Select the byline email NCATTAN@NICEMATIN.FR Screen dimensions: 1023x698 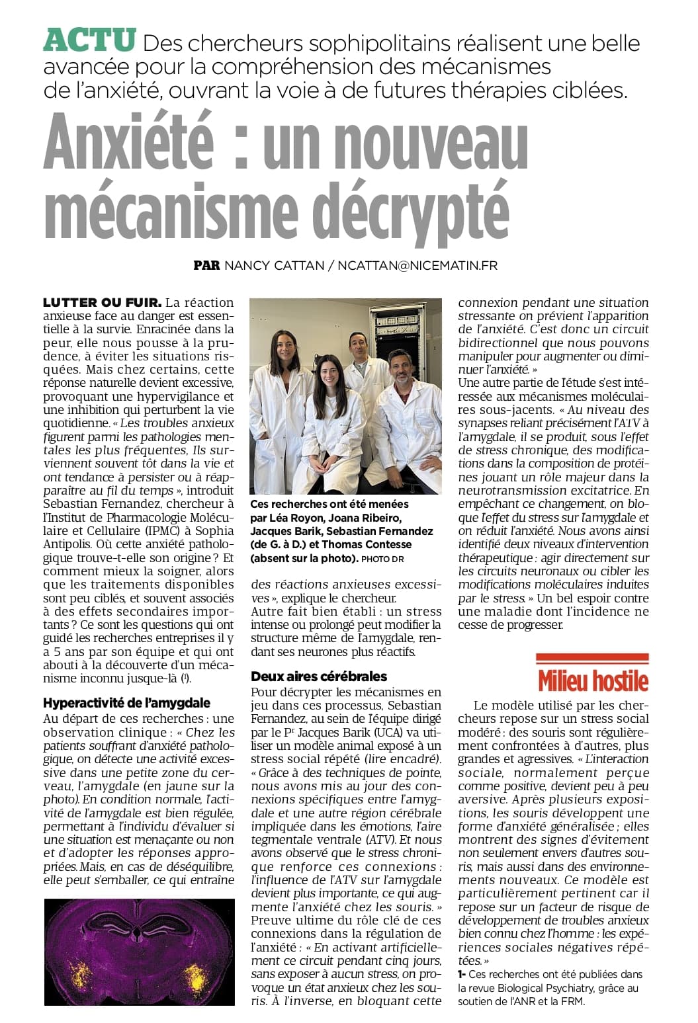point(417,265)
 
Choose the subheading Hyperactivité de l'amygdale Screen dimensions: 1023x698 point(126,702)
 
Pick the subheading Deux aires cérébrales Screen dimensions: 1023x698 point(319,676)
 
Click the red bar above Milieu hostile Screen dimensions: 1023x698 point(592,657)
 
